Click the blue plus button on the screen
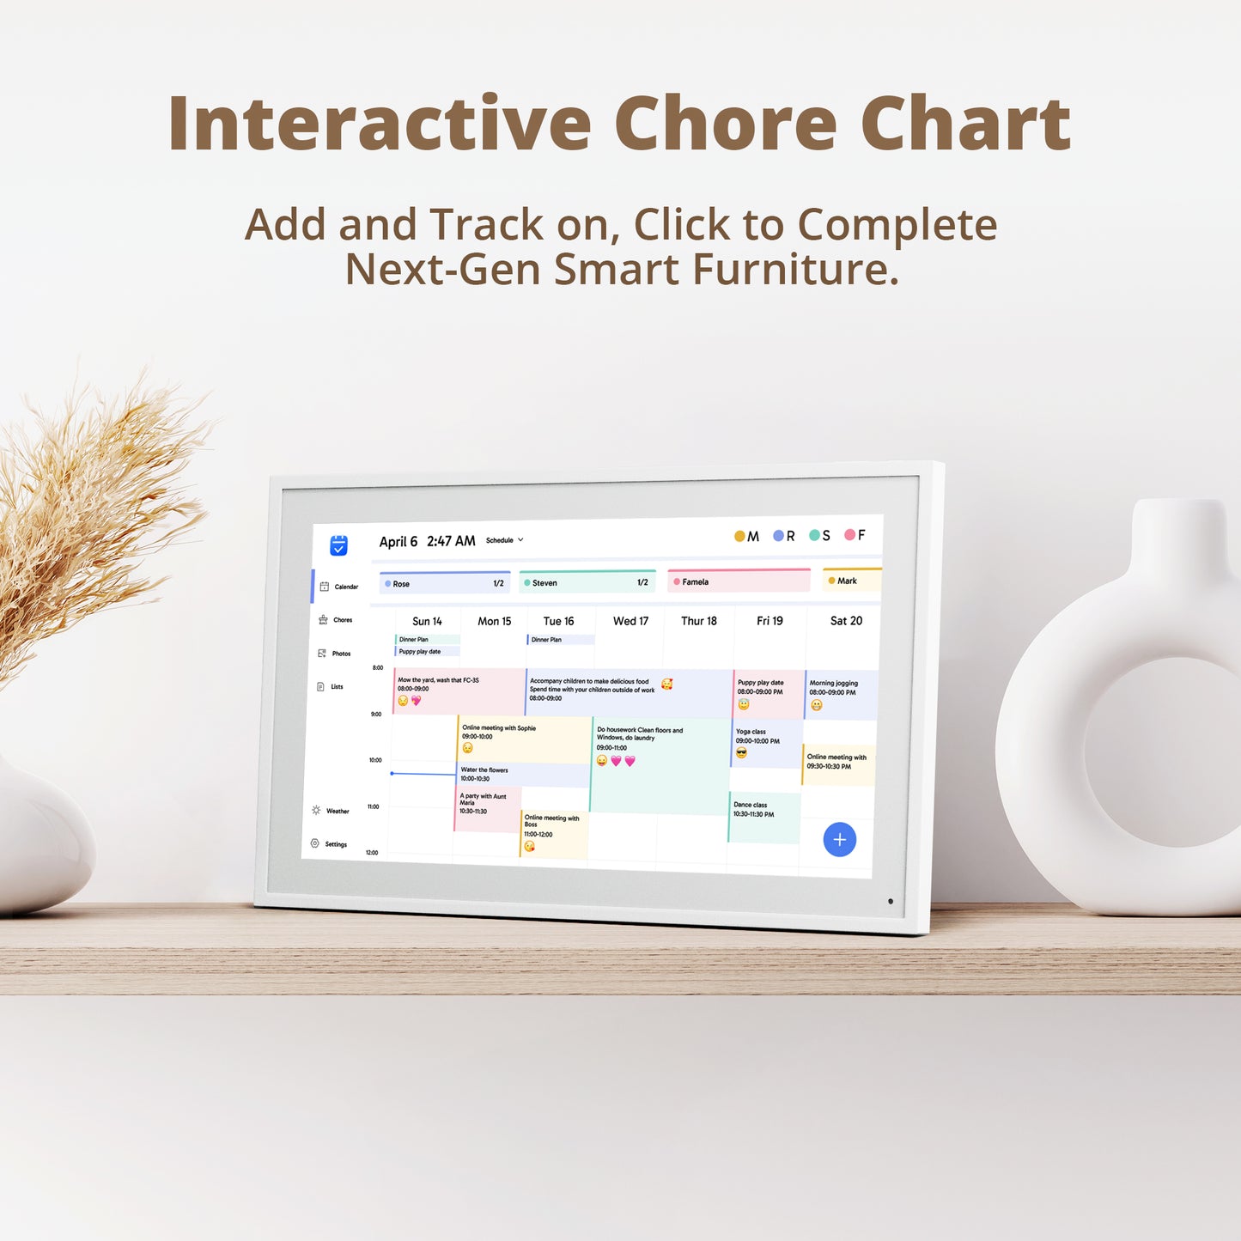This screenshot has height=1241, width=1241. [x=839, y=839]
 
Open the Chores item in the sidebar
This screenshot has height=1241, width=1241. [x=336, y=619]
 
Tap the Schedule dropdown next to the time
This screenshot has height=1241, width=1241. [x=504, y=540]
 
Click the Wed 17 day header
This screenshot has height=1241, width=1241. [x=630, y=621]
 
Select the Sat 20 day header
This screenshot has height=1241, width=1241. [x=846, y=620]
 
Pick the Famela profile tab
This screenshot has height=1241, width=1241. [x=739, y=581]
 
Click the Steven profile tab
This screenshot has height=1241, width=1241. [x=587, y=582]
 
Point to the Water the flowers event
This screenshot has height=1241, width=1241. [x=521, y=774]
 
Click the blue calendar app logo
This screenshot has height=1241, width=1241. [x=339, y=545]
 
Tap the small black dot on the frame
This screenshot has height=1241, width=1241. [x=891, y=901]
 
